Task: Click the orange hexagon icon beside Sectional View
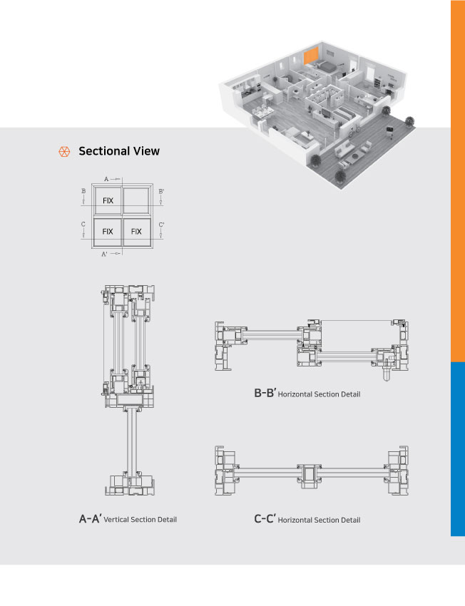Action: (63, 151)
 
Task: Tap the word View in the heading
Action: (146, 151)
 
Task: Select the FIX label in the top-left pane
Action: (108, 201)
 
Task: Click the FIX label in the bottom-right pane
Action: (136, 232)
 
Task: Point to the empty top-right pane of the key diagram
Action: (136, 201)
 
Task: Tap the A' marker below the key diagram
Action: (105, 253)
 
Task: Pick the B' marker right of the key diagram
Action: (162, 191)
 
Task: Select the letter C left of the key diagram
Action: (83, 225)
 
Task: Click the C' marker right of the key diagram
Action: (162, 225)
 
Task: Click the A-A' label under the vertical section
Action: (90, 519)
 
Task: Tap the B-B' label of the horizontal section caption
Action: (265, 393)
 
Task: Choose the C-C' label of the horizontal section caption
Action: (265, 520)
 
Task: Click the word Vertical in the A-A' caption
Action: (118, 520)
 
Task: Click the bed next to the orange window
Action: (325, 66)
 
